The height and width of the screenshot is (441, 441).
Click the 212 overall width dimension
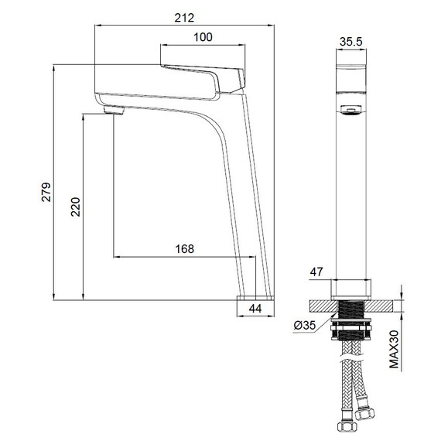coord(184,18)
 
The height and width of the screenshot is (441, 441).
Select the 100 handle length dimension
coord(203,37)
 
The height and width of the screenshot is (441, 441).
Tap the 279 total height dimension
coord(46,192)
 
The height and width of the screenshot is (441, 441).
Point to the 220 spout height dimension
coord(75,207)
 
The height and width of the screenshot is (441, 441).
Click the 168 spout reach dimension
coord(185,249)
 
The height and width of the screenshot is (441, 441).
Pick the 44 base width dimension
coord(255,309)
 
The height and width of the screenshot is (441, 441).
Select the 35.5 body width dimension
coord(351,42)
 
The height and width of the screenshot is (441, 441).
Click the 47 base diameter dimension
coord(316,272)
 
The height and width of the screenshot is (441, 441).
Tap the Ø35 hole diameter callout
coord(305,326)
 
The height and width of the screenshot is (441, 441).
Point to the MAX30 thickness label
coord(395,349)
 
